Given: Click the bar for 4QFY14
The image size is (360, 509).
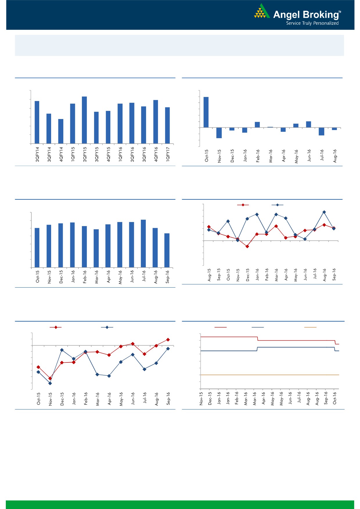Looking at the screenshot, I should [61, 131].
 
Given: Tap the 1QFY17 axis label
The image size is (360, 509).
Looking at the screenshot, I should [168, 154].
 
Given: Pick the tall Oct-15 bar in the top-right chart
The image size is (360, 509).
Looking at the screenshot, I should [206, 112].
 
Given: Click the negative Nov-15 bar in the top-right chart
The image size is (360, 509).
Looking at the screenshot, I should [219, 133].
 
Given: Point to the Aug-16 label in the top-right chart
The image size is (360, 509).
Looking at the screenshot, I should [335, 156].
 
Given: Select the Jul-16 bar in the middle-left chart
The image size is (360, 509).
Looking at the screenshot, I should [143, 243].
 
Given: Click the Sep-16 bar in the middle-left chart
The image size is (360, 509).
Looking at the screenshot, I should [167, 250].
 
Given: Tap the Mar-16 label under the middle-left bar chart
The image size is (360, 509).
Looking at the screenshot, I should [96, 277].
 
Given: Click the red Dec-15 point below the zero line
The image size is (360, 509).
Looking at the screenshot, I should [247, 246].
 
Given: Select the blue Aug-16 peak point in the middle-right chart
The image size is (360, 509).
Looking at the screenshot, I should [324, 212].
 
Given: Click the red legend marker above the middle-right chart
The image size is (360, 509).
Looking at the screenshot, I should [243, 205].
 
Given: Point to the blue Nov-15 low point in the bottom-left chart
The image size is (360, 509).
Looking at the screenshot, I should [50, 383].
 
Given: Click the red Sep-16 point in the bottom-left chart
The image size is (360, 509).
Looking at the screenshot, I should [168, 340].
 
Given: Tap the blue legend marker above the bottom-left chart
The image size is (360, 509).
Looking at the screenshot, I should [107, 327].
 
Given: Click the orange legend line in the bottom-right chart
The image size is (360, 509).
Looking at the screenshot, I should [310, 327].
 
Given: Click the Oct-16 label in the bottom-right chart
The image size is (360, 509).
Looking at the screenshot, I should [334, 398].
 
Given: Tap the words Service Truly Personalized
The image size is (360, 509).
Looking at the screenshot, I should [312, 23].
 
